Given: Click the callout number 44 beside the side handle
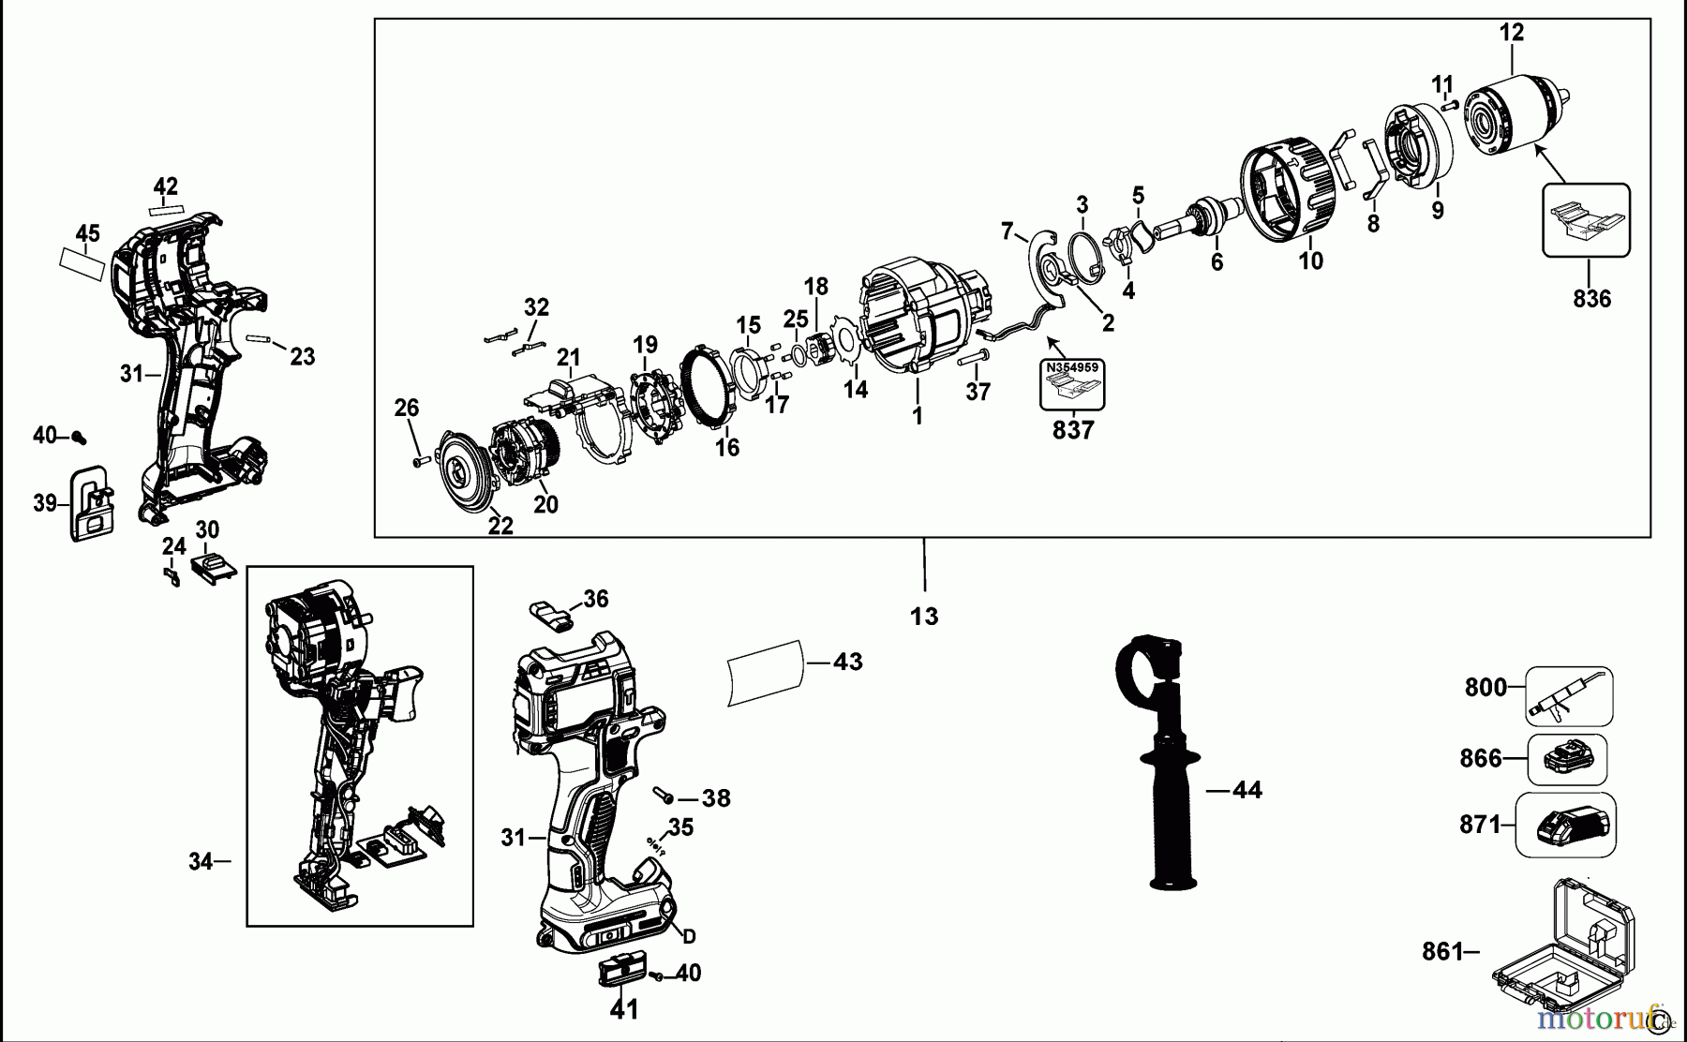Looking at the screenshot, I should [1247, 790].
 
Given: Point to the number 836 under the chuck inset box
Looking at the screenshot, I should [1591, 299].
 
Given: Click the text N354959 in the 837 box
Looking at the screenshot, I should [1073, 367].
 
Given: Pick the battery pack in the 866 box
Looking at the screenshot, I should [1568, 758].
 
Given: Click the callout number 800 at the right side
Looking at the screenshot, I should [1485, 687].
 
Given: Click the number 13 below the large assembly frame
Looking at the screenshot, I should [923, 617].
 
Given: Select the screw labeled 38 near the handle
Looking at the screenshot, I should [666, 796].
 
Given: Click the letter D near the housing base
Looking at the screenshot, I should [689, 936].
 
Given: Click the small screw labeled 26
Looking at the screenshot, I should [418, 459].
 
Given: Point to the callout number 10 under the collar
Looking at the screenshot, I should [1310, 260].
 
